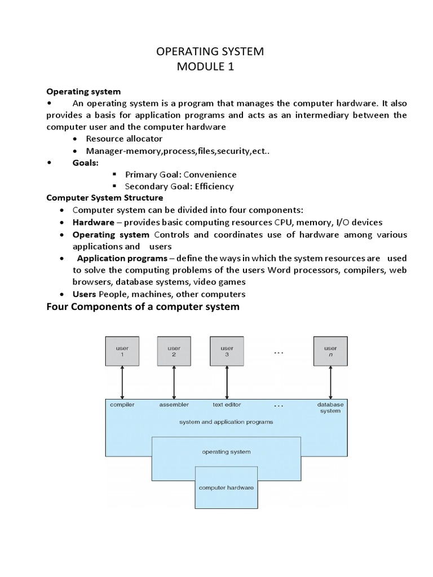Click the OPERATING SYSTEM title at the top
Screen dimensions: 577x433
[210, 52]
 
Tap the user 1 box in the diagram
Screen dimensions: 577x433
[122, 351]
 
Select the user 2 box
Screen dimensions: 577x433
[174, 351]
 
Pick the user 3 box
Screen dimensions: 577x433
[226, 351]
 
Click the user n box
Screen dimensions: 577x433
[330, 351]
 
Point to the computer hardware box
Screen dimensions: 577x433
[226, 487]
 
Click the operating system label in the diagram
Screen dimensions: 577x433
[226, 451]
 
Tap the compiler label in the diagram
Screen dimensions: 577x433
[122, 405]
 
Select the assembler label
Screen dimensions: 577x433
[174, 405]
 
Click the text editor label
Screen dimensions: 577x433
[226, 405]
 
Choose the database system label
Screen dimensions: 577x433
[330, 407]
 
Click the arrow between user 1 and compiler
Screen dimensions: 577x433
[122, 383]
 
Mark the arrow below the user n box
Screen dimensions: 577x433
[330, 383]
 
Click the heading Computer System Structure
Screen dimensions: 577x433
[104, 198]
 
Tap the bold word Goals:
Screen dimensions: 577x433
[86, 162]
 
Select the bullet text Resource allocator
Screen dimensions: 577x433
[124, 139]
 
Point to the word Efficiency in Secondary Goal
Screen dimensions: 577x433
[213, 186]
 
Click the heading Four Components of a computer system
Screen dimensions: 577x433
[143, 307]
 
